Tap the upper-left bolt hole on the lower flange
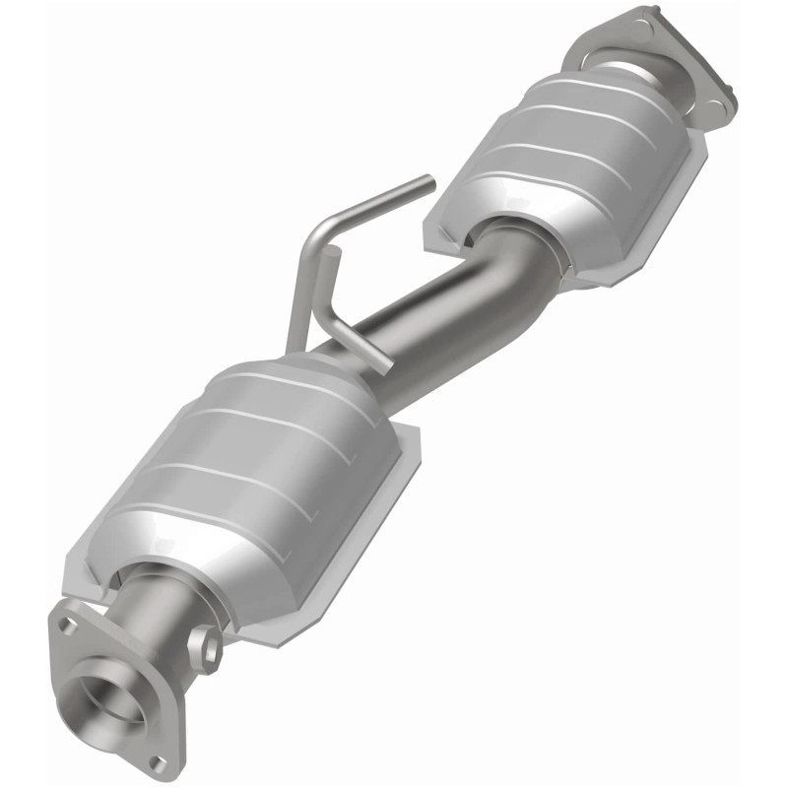pos(65,624)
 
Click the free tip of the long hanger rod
pos(427,181)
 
